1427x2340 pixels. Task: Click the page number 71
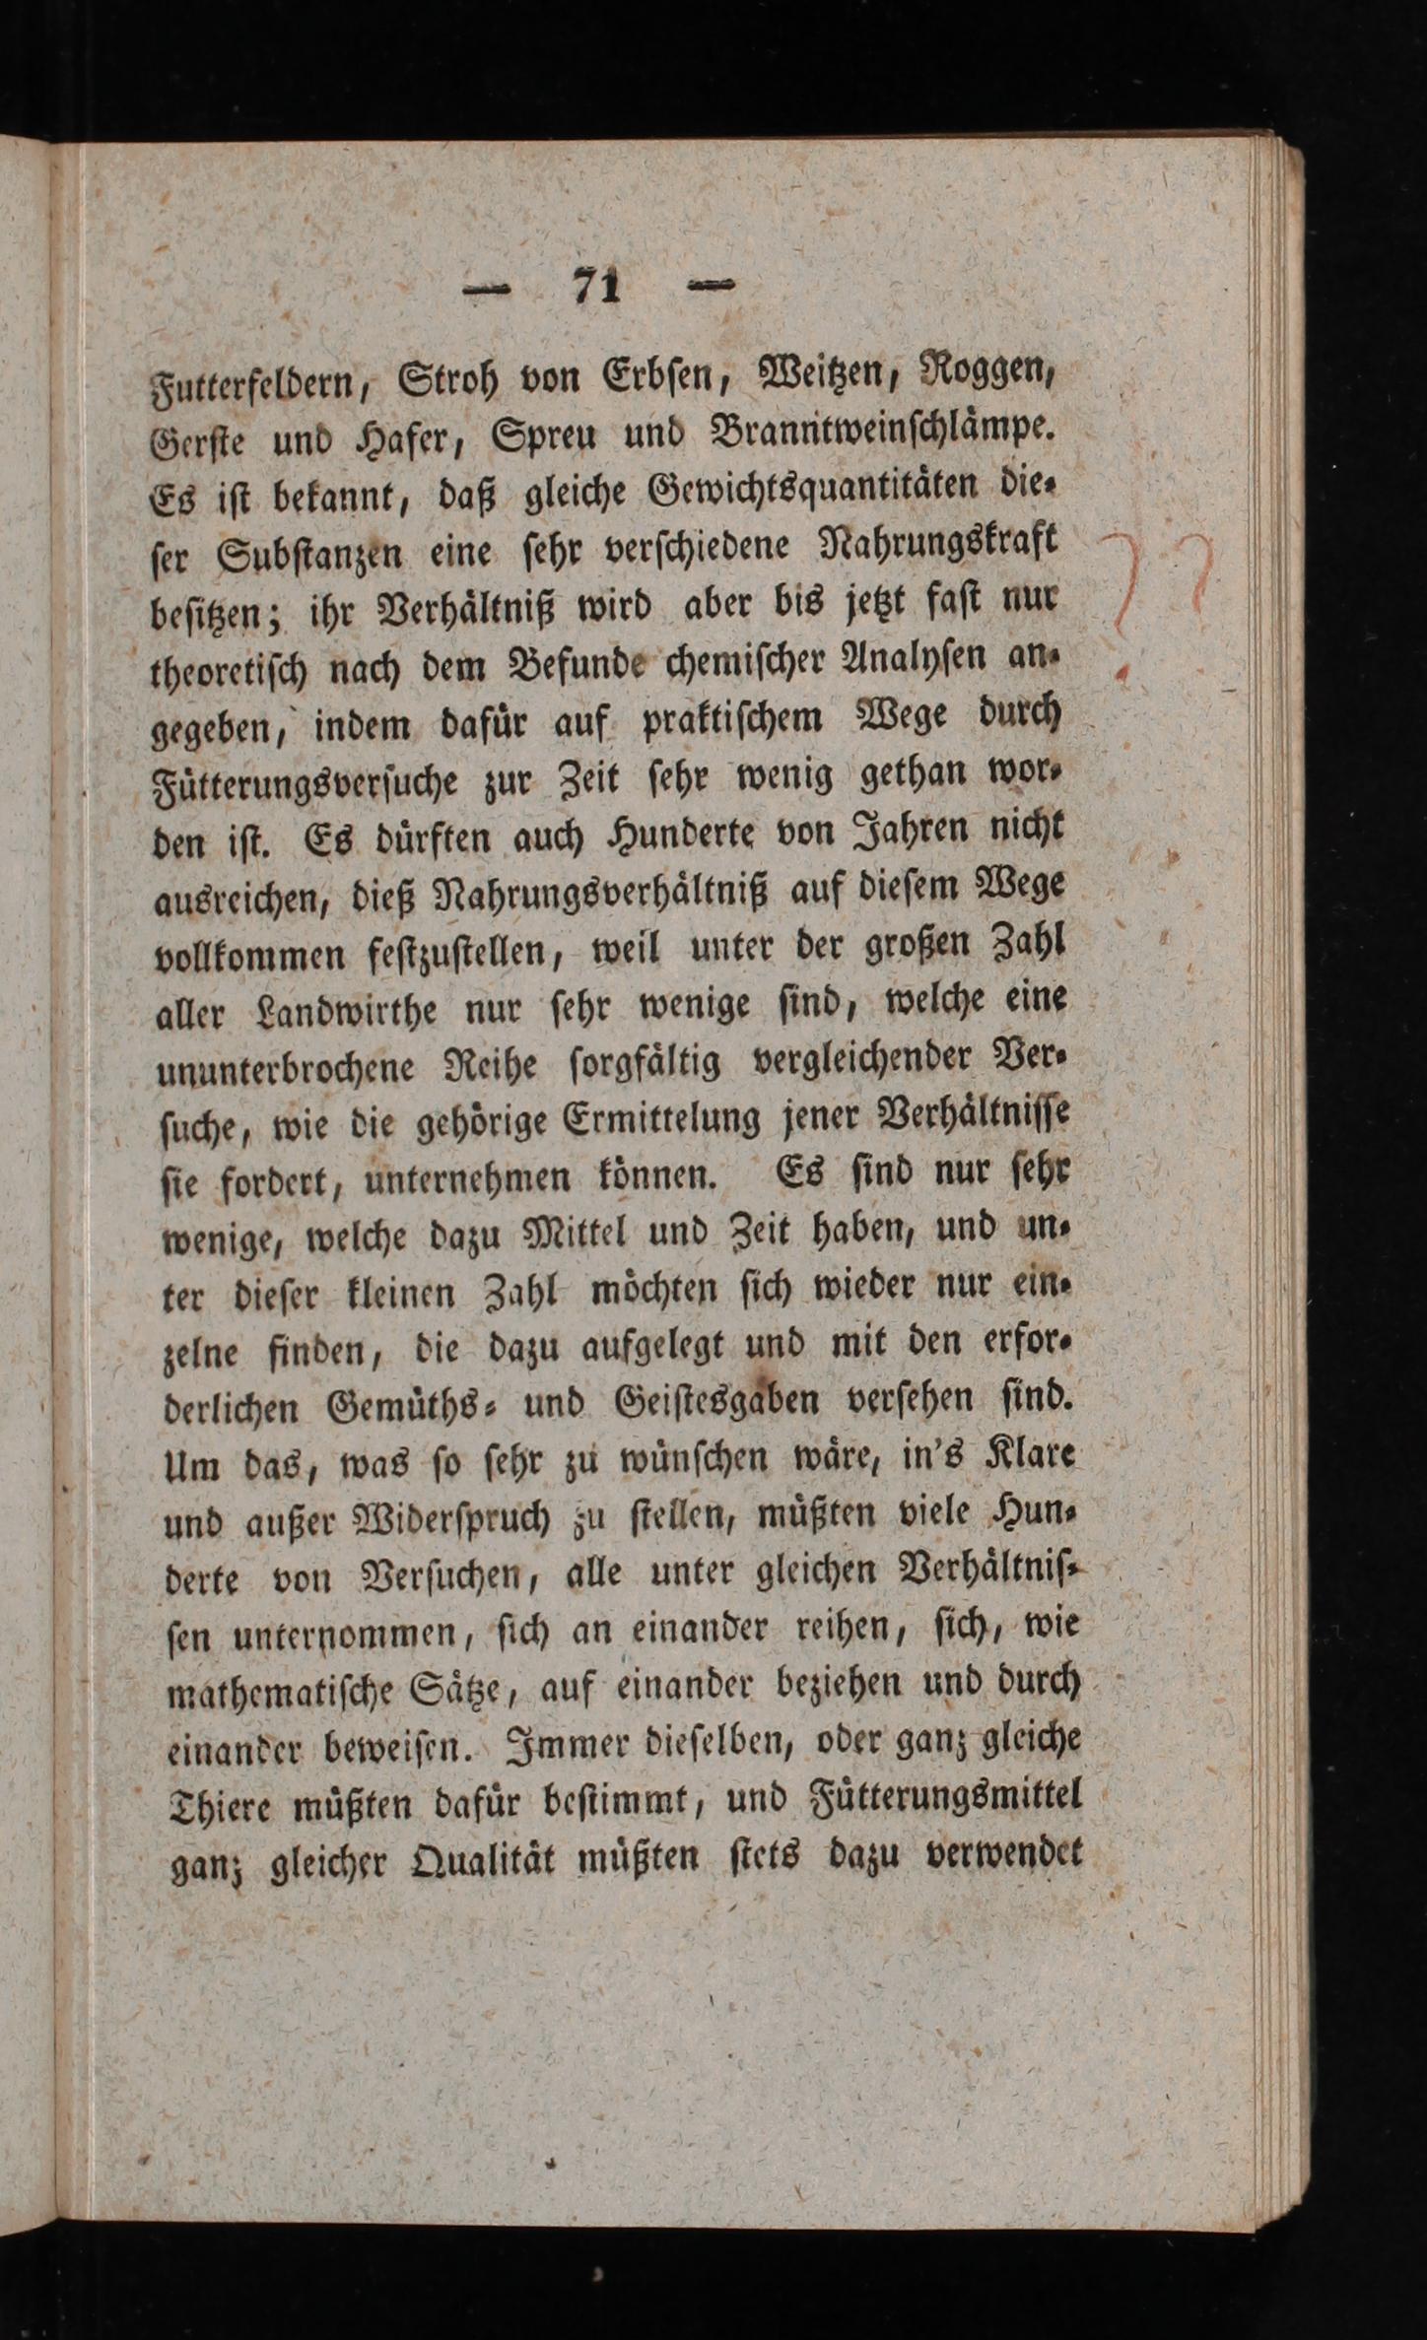point(596,287)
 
